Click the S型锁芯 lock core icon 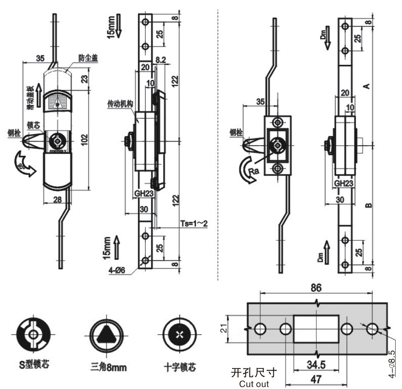click(x=33, y=335)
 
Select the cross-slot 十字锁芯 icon click(x=177, y=335)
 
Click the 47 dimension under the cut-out click(x=316, y=378)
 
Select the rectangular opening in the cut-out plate click(x=316, y=328)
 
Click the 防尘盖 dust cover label click(x=87, y=58)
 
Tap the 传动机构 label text click(x=120, y=105)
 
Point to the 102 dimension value click(x=84, y=139)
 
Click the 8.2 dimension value click(x=160, y=60)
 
